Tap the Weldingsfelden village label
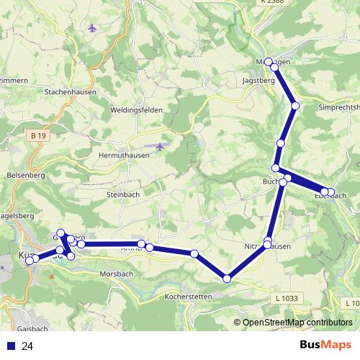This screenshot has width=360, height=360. pos(137,109)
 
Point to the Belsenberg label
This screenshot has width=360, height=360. pos(24,175)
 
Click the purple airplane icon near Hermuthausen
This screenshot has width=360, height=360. pos(160,146)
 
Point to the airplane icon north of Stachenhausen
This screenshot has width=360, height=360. pos(92,28)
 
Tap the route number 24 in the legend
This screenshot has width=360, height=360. pos(27,346)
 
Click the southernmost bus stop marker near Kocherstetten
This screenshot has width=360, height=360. pos(228,279)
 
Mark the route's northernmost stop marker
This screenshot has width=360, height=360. pos(269,62)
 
